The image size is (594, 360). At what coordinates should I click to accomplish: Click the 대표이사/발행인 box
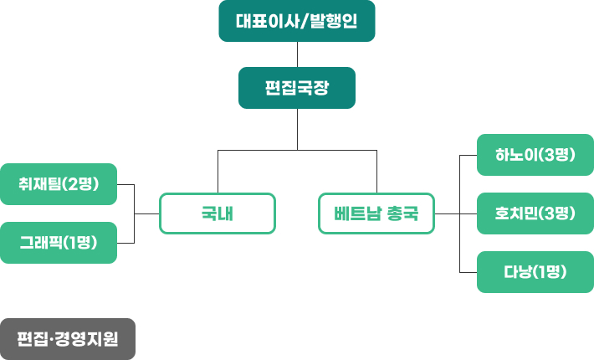(296, 21)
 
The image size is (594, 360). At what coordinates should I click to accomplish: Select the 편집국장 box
(296, 88)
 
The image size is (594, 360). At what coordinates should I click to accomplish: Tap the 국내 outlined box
(217, 213)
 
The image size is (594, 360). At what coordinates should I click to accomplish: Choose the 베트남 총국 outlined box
(376, 213)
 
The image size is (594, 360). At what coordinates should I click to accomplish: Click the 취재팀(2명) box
(58, 184)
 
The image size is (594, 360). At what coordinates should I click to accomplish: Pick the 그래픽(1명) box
(58, 243)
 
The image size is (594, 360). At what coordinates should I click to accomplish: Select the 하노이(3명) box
(535, 155)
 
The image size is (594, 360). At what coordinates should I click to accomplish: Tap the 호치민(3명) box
(535, 213)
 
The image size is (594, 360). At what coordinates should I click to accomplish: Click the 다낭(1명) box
(535, 272)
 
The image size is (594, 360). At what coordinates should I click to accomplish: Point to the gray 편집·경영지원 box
(68, 339)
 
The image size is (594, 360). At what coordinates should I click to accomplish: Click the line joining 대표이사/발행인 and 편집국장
(297, 54)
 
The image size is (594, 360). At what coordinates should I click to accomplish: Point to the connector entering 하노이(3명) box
(469, 155)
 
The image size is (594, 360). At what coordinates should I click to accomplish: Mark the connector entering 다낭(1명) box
(469, 272)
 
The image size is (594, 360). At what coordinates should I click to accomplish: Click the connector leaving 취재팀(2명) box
(125, 184)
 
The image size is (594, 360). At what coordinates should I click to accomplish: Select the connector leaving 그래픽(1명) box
(125, 243)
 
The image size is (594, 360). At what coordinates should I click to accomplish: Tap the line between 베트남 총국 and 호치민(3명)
(456, 213)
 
